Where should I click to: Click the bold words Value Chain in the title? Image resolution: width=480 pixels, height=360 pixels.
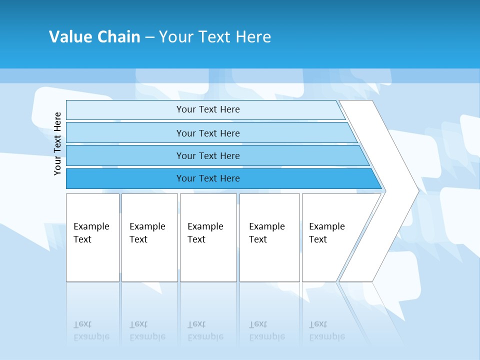tap(94, 37)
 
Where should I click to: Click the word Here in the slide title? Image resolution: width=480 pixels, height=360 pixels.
tap(253, 37)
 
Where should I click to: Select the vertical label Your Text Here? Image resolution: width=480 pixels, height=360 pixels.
tap(57, 143)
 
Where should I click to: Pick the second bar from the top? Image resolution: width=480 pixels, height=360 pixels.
tap(125, 133)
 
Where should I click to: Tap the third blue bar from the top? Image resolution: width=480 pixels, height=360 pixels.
tap(125, 155)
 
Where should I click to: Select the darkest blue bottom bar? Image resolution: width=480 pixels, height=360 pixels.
tap(125, 178)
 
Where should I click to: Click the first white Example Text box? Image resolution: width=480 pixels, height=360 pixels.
tap(92, 260)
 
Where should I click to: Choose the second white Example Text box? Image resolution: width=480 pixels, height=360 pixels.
tap(149, 260)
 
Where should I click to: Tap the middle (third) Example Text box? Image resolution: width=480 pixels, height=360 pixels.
tap(208, 260)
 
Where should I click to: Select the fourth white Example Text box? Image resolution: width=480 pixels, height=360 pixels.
tap(269, 260)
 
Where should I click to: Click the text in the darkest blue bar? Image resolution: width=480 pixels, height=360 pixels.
tap(208, 178)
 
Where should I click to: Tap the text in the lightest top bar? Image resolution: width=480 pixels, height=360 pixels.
tap(208, 109)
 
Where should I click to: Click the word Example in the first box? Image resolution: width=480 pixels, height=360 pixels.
tap(91, 226)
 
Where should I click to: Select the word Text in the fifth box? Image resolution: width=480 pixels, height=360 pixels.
tap(317, 239)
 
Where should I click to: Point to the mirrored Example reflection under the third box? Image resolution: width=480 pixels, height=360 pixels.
tap(205, 337)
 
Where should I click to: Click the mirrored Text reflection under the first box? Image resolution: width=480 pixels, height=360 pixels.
tap(82, 324)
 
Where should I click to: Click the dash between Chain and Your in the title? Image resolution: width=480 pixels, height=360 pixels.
tap(149, 37)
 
